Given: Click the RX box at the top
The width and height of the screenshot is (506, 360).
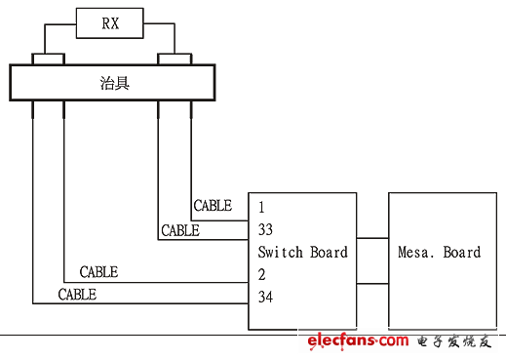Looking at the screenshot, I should (111, 22).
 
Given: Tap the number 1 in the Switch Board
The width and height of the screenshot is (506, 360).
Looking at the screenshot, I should (261, 207).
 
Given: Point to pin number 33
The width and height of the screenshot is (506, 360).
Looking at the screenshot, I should (266, 230).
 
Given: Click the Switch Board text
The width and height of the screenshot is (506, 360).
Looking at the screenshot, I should (302, 252).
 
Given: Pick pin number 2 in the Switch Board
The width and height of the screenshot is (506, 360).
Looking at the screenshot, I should (262, 274).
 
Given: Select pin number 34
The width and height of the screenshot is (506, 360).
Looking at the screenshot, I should (266, 296).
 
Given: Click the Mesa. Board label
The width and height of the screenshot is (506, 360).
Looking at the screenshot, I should (439, 252).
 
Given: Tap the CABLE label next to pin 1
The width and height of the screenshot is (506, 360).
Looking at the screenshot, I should (213, 206).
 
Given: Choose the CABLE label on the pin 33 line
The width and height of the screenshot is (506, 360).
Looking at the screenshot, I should (180, 231).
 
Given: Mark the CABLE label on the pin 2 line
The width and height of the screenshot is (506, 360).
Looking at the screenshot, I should (98, 272).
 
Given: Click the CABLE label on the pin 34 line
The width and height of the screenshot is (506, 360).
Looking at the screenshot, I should (77, 294).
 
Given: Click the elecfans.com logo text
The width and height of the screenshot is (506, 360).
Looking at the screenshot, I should (357, 340).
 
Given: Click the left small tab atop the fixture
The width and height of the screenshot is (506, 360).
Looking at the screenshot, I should (48, 60).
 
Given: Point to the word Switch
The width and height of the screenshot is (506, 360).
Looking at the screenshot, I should (280, 252).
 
